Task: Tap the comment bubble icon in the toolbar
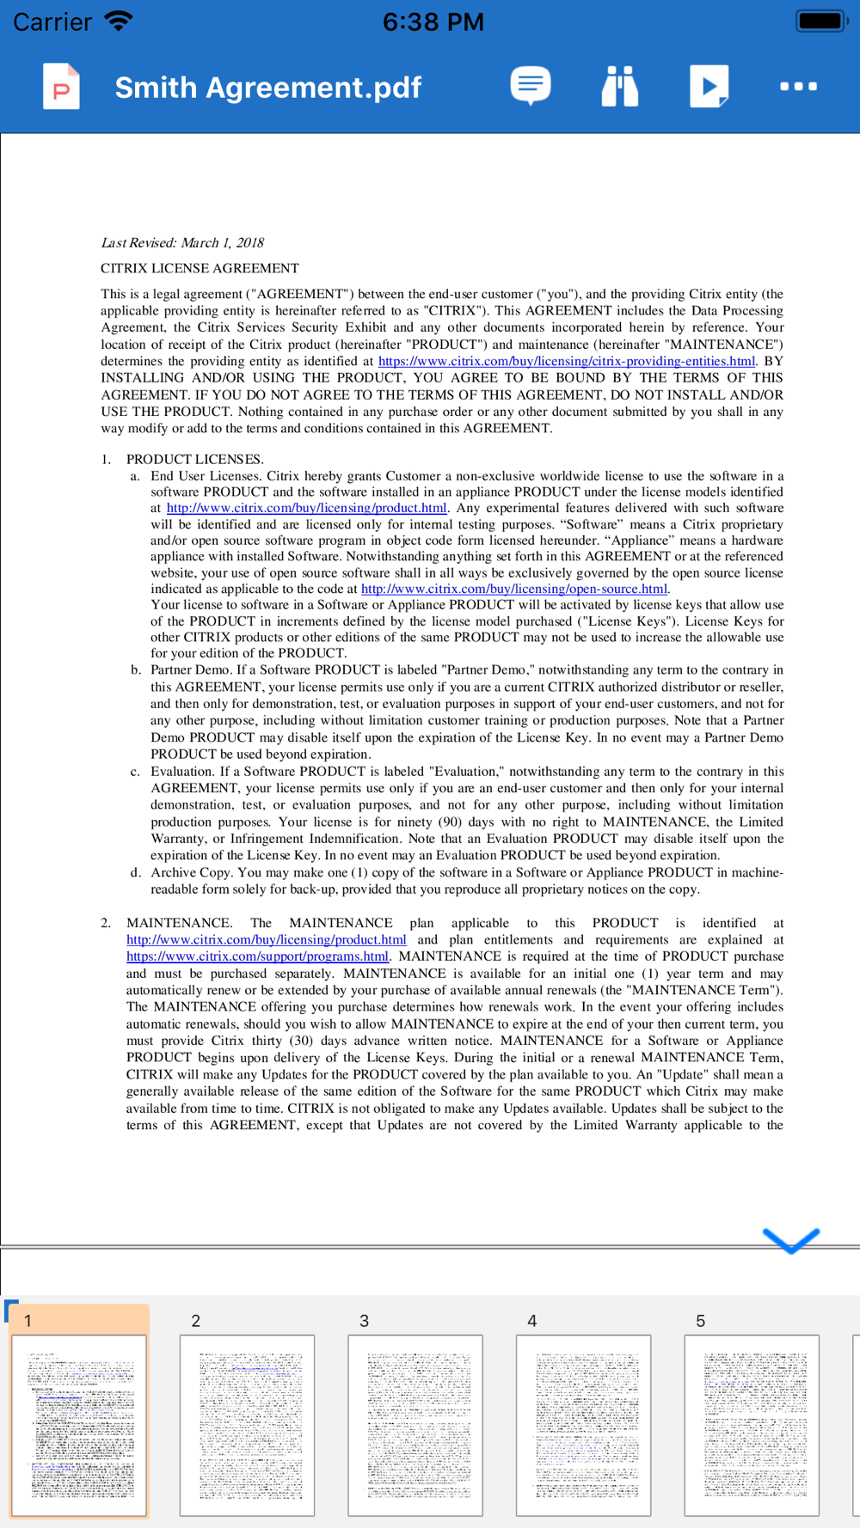pos(531,86)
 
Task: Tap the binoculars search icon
pos(619,86)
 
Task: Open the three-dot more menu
pos(798,86)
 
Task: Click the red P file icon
pos(61,87)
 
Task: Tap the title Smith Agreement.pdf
pos(267,88)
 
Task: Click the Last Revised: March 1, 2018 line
pos(182,242)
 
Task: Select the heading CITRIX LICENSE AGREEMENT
pos(200,268)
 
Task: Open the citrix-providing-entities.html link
pos(566,361)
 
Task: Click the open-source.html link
pos(513,589)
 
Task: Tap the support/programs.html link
pos(257,956)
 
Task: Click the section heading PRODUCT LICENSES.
pos(194,459)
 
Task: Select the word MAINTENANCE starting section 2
pos(178,922)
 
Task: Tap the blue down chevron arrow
pos(790,1239)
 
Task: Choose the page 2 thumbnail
pos(247,1424)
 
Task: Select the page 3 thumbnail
pos(415,1424)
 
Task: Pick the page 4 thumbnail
pos(583,1424)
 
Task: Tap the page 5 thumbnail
pos(751,1424)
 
